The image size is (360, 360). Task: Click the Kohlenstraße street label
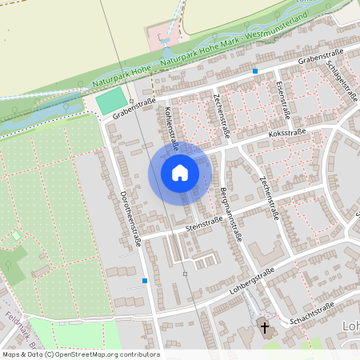pos(171,128)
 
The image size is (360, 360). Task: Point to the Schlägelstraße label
pos(346,82)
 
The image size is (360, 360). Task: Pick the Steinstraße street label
pos(203,225)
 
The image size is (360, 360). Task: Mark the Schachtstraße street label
pos(312,311)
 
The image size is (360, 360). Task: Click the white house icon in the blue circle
pos(180,174)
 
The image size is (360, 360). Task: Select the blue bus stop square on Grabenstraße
pos(255,71)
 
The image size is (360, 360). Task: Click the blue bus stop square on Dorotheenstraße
pos(145,281)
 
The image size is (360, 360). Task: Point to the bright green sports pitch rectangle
pos(112,101)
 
